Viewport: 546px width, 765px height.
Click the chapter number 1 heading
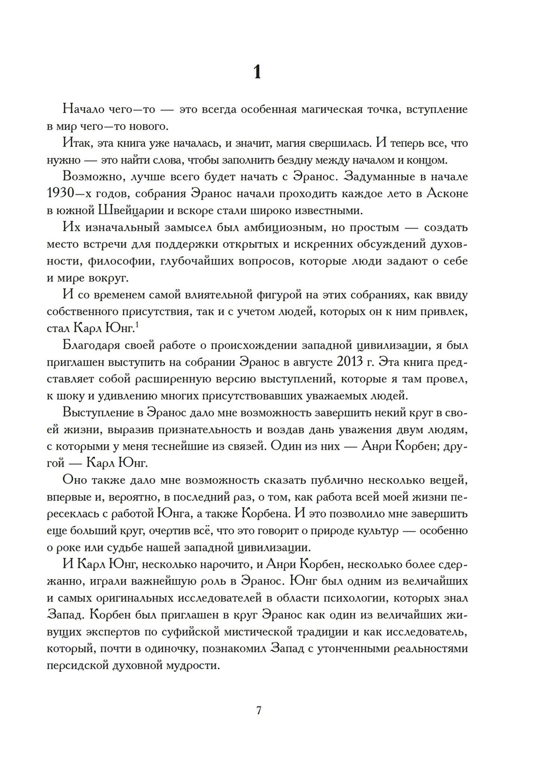pos(258,72)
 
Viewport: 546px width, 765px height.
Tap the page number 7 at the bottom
pos(259,710)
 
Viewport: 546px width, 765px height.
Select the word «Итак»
pos(78,143)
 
